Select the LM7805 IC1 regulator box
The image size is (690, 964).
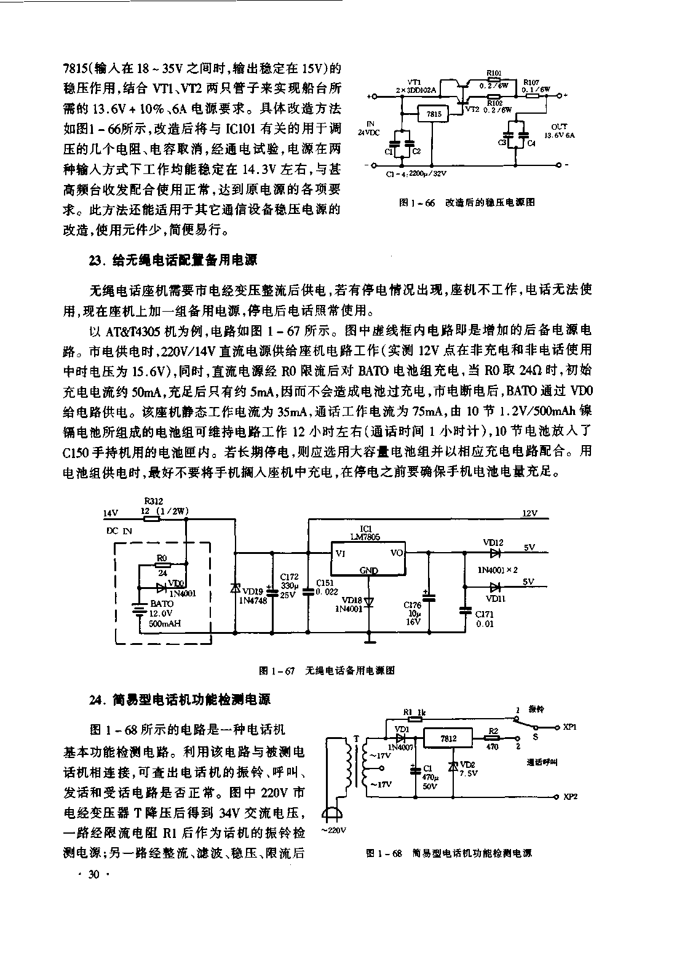click(368, 558)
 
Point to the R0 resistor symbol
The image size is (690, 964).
click(162, 564)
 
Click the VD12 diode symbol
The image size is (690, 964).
click(493, 551)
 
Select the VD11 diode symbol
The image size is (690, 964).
click(493, 587)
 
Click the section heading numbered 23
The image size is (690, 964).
click(172, 261)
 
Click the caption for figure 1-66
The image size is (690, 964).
click(467, 202)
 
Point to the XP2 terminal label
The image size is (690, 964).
click(569, 797)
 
